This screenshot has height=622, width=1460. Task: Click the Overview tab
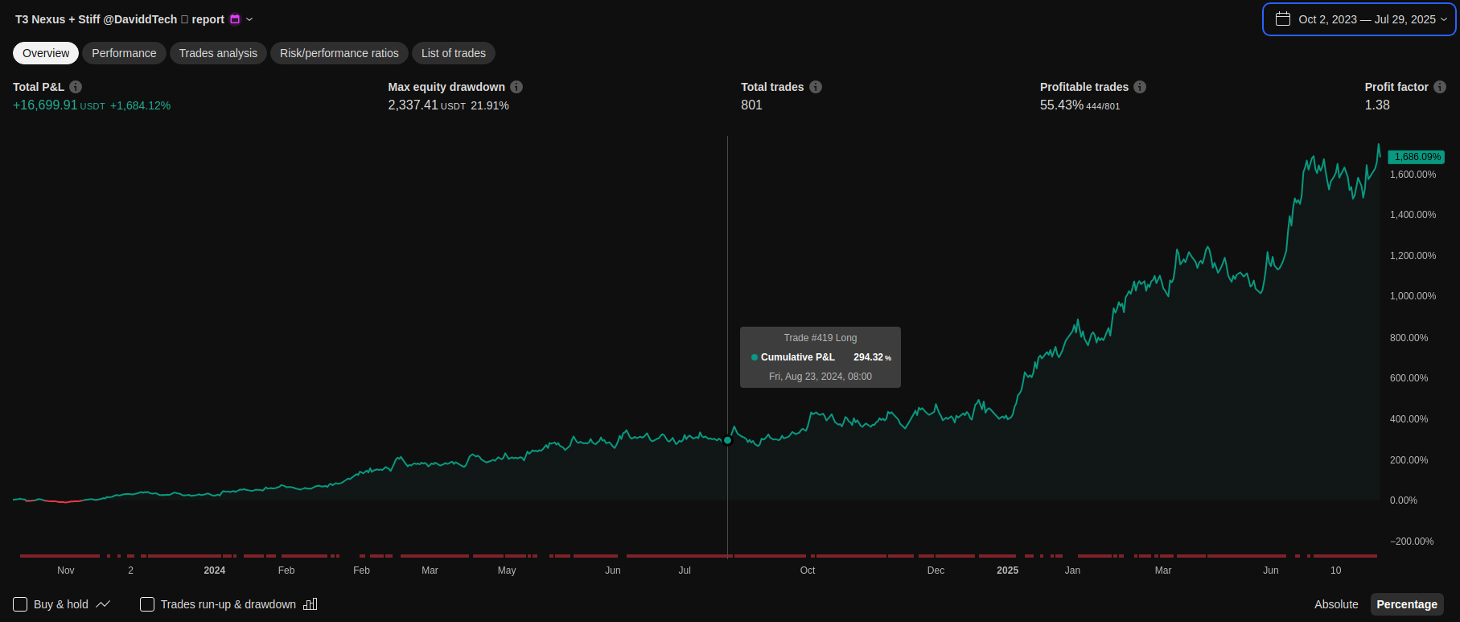pyautogui.click(x=46, y=53)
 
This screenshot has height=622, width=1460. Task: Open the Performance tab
pyautogui.click(x=124, y=53)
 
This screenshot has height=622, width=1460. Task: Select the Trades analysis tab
pyautogui.click(x=218, y=53)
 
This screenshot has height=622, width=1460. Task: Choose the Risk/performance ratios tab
pyautogui.click(x=339, y=53)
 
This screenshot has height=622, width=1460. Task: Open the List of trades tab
pyautogui.click(x=454, y=53)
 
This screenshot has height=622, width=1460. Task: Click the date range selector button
pyautogui.click(x=1359, y=19)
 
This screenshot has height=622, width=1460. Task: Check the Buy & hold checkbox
pyautogui.click(x=20, y=604)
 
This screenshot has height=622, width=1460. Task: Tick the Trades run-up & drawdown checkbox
pyautogui.click(x=147, y=604)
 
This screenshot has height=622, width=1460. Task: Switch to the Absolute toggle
pyautogui.click(x=1336, y=604)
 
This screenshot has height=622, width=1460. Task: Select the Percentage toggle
pyautogui.click(x=1407, y=604)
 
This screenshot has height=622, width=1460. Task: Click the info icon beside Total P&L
pyautogui.click(x=76, y=87)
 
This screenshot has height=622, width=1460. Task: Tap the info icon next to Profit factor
pyautogui.click(x=1440, y=87)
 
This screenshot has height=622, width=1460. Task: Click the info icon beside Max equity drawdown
pyautogui.click(x=516, y=87)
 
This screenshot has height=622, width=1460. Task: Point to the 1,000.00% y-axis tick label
pyautogui.click(x=1413, y=296)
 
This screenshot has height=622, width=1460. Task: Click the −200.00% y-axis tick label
pyautogui.click(x=1412, y=542)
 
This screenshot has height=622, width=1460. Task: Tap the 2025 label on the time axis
pyautogui.click(x=1007, y=571)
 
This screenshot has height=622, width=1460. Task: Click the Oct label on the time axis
pyautogui.click(x=808, y=571)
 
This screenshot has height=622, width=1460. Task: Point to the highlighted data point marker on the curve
pyautogui.click(x=728, y=440)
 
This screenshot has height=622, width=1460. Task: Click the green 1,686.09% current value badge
pyautogui.click(x=1416, y=157)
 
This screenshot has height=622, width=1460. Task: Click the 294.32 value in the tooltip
pyautogui.click(x=868, y=357)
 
